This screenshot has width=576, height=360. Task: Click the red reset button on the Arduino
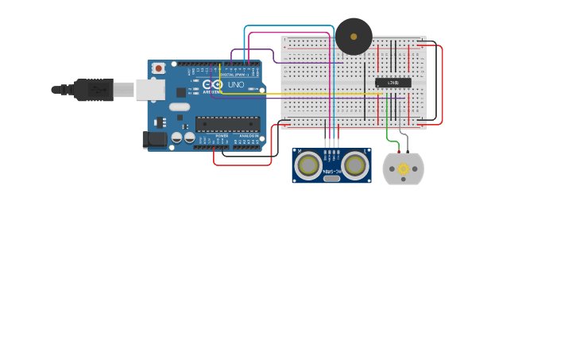pos(158,68)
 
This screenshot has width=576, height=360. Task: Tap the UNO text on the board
pos(236,85)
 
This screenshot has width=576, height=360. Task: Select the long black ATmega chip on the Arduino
pos(227,124)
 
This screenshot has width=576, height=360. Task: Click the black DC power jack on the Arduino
pos(155,140)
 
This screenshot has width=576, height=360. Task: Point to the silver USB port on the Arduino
pos(149,90)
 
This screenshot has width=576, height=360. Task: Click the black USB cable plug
pos(94,90)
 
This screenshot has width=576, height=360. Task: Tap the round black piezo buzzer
pos(354,37)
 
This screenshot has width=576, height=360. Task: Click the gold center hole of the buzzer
pos(354,37)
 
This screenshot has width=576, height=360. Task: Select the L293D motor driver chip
pos(393,83)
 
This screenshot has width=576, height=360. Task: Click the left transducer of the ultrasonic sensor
pos(308,165)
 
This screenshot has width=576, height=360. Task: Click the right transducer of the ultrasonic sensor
pos(354,165)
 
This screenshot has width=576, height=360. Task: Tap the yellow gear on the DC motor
pos(404,168)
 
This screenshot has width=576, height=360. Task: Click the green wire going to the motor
pos(388,127)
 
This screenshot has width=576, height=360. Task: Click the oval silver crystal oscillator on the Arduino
pos(180,106)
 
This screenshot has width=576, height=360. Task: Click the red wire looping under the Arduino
pos(242,165)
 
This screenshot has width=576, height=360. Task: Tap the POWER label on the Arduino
pos(222,136)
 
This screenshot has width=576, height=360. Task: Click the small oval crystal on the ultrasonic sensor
pos(331,178)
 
